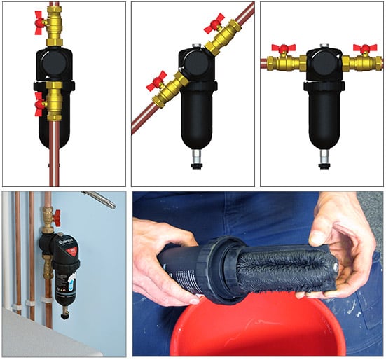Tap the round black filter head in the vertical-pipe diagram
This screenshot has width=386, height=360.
pyautogui.click(x=55, y=65)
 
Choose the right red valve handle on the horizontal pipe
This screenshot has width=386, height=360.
pyautogui.click(x=361, y=49)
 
